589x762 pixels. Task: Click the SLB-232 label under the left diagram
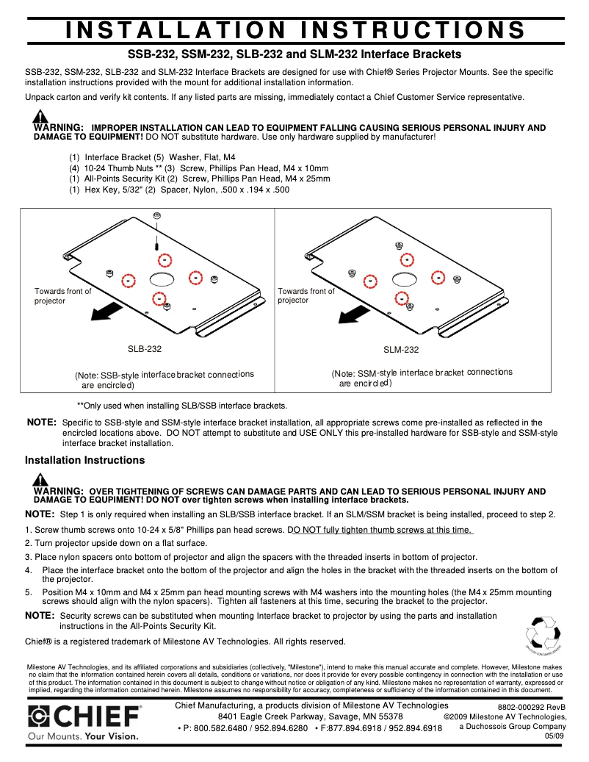click(145, 349)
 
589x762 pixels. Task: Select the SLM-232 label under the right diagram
click(401, 350)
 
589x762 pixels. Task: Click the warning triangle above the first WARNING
click(40, 116)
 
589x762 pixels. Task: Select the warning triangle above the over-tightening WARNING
click(40, 480)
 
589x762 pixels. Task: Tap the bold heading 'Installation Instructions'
click(84, 460)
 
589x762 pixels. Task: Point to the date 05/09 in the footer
click(555, 736)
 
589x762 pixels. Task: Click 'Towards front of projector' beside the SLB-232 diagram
click(62, 296)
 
